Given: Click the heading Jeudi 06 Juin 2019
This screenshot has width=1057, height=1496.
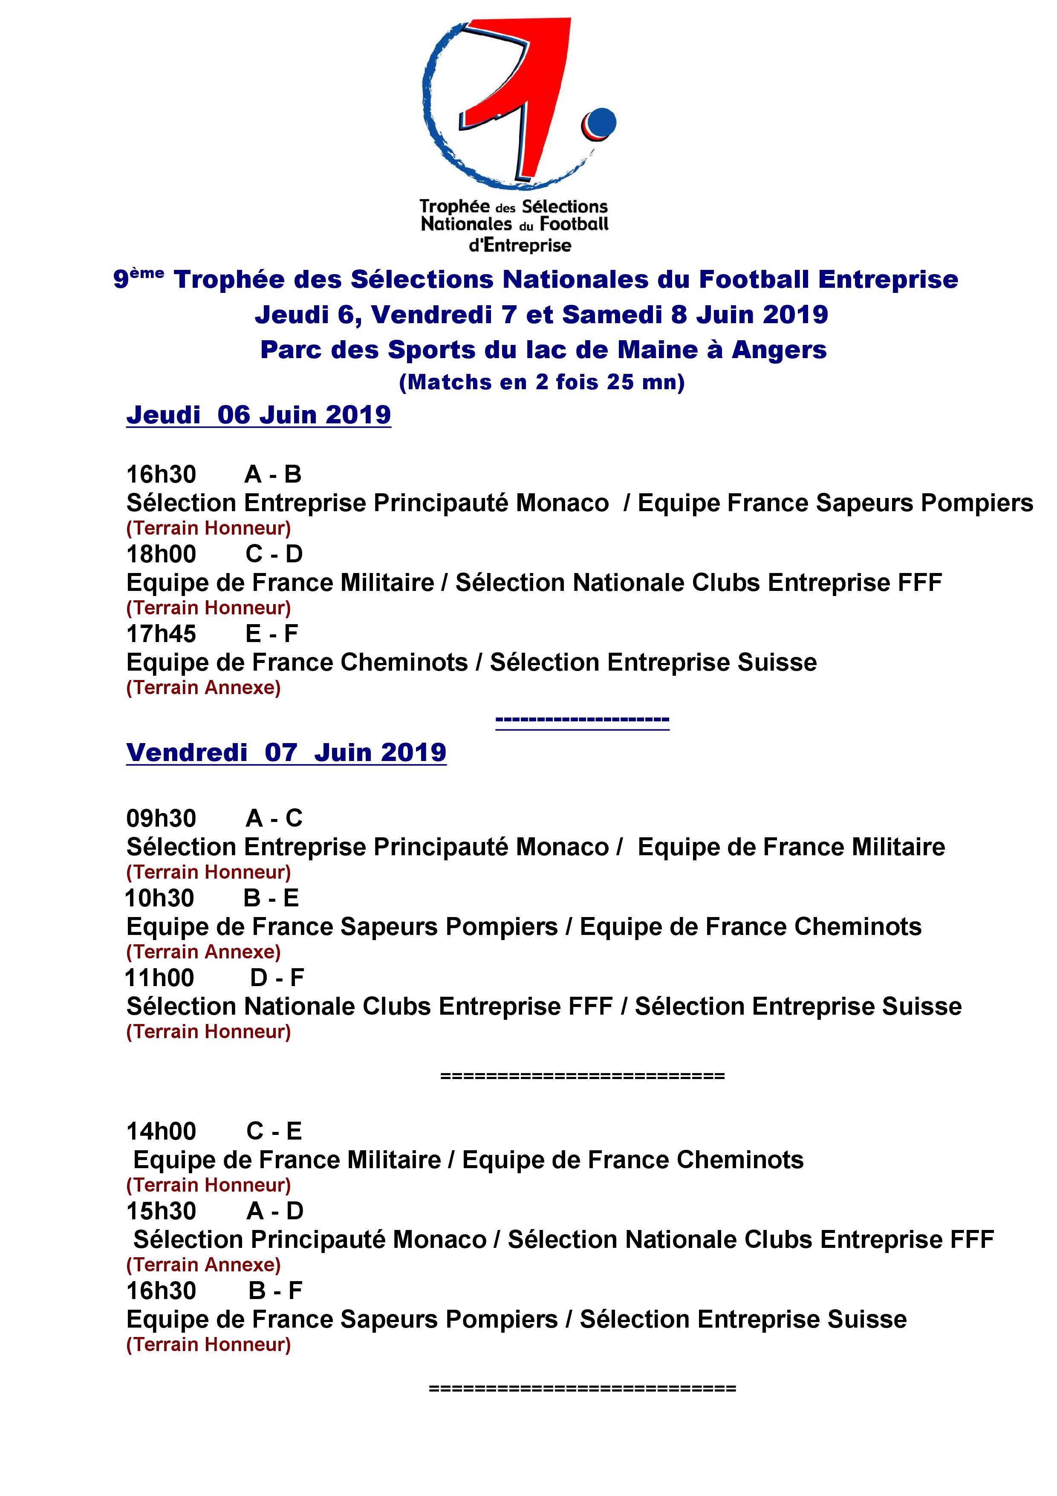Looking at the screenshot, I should pos(259,415).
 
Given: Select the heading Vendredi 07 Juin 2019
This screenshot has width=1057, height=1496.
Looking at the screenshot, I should pos(286,752).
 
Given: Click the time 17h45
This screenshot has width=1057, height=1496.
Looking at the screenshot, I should pos(161,634).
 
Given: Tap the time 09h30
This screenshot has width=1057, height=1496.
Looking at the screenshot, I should pos(161,819).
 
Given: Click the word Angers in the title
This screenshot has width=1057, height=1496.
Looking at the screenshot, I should pos(779,350).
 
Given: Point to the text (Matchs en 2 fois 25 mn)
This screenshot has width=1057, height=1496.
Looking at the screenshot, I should pos(542,382).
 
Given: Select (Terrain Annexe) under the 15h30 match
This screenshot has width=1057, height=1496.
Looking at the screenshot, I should pos(203,1265).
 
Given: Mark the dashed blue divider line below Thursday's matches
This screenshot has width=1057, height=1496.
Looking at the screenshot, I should pos(582,721).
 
